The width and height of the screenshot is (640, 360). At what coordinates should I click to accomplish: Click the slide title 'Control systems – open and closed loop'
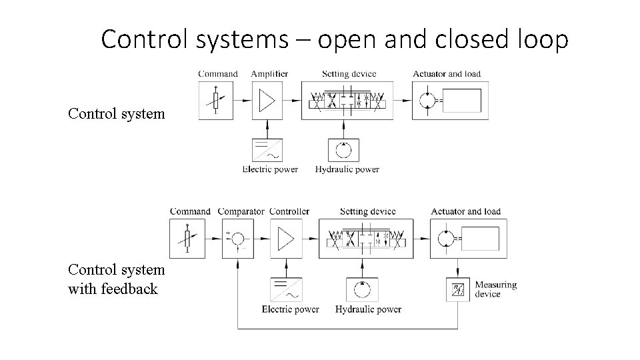click(335, 39)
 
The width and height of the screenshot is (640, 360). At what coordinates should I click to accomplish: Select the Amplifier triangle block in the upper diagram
click(267, 101)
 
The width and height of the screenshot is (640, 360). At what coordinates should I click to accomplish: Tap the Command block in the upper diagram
click(216, 101)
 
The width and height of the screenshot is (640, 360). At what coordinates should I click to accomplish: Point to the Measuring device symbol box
click(458, 289)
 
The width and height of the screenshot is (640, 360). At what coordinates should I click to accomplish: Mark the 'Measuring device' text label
click(495, 289)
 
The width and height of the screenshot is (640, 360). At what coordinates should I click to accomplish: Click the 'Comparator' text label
click(241, 211)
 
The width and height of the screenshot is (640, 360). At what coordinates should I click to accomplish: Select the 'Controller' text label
click(289, 211)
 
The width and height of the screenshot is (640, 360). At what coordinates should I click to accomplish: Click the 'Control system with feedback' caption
click(116, 279)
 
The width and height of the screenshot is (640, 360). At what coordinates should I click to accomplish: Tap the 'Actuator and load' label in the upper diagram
click(446, 73)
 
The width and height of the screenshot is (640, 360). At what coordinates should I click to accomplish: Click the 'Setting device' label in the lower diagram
click(367, 211)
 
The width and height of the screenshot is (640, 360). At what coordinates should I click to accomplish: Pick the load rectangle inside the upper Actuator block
click(462, 101)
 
